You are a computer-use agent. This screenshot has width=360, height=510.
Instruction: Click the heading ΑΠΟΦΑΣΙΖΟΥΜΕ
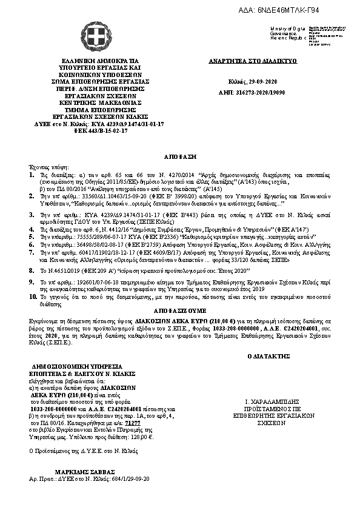click(x=181, y=307)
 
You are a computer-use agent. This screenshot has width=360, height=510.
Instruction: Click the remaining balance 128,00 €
click(x=144, y=436)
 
